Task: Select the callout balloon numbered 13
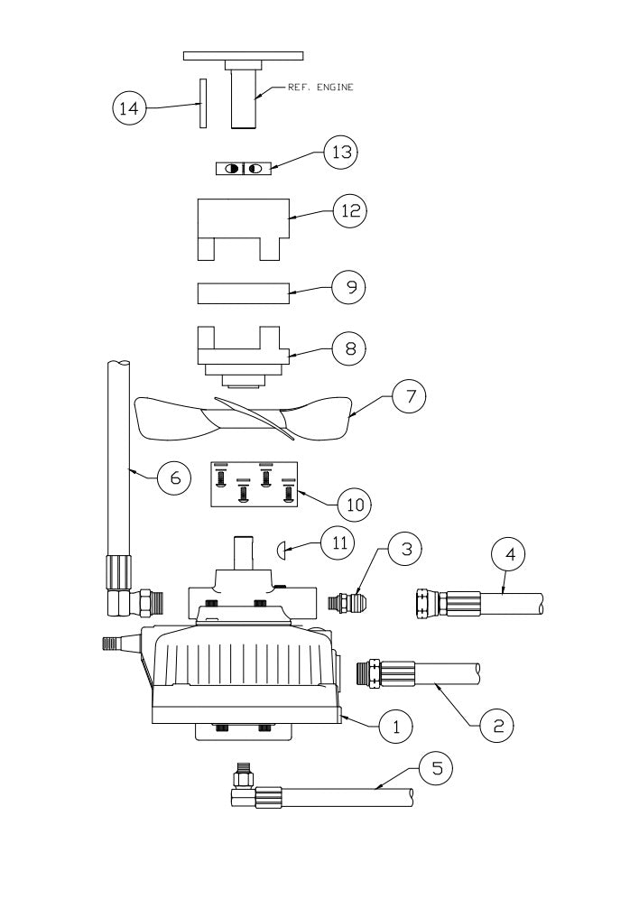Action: click(340, 153)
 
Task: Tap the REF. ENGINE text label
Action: click(319, 88)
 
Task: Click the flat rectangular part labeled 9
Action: click(243, 294)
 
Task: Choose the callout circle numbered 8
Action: click(349, 348)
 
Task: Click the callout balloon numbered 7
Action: click(408, 396)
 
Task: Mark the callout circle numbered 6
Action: click(174, 477)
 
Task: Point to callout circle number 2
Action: click(497, 723)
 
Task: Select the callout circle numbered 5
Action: click(436, 769)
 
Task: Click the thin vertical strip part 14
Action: click(203, 105)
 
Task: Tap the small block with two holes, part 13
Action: click(243, 169)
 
